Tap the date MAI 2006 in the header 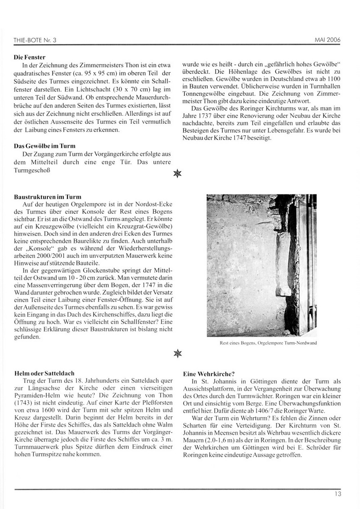pyautogui.click(x=325, y=40)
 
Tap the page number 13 pyautogui.click(x=337, y=493)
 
